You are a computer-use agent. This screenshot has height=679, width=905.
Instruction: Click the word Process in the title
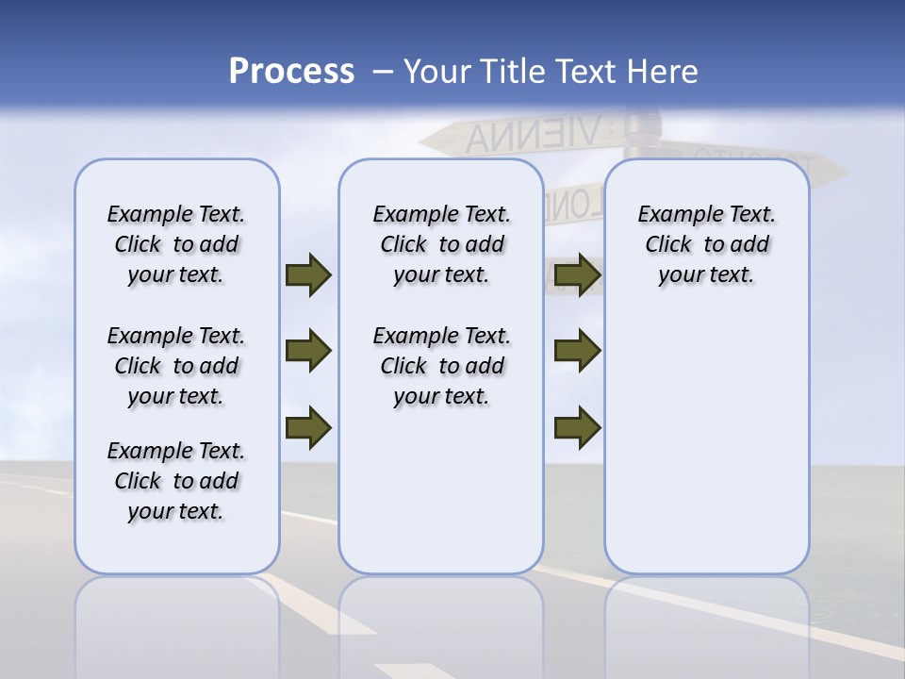[x=291, y=72]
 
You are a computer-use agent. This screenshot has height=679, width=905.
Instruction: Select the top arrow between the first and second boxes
[x=308, y=274]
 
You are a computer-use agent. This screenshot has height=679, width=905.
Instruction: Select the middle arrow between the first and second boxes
[x=308, y=351]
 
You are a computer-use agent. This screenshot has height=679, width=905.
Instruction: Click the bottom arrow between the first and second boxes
[x=308, y=427]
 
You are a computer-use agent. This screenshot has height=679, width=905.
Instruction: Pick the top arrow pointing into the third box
[x=577, y=274]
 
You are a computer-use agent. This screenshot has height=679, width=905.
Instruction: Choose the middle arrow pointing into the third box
[x=577, y=351]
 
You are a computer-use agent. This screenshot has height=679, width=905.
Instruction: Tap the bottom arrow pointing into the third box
[x=577, y=427]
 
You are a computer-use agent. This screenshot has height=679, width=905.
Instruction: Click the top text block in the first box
[x=176, y=244]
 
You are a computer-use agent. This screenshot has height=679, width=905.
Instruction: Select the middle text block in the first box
[x=176, y=366]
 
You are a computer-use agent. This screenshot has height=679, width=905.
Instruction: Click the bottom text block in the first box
[x=176, y=481]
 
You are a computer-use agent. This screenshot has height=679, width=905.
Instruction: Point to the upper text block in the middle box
[x=441, y=244]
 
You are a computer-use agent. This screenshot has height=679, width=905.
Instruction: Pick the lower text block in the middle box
[x=441, y=366]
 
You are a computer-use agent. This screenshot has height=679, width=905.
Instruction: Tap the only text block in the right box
[x=706, y=244]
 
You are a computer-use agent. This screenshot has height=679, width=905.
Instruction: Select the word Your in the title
[x=437, y=72]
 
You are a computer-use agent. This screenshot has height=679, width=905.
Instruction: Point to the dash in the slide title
[x=382, y=72]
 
